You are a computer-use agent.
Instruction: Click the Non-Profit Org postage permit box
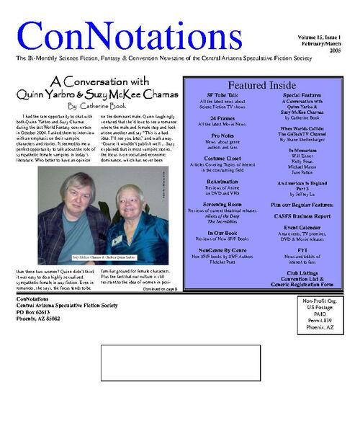(x=317, y=314)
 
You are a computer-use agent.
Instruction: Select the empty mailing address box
(x=180, y=363)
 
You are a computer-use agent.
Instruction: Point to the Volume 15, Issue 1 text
(x=319, y=36)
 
